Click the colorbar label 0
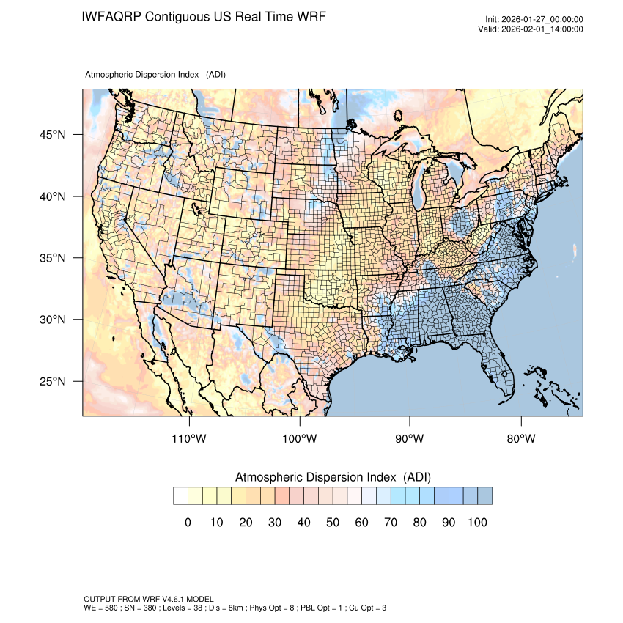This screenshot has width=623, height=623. (x=188, y=522)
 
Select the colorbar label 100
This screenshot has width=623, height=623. (x=477, y=522)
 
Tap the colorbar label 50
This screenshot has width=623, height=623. (x=333, y=522)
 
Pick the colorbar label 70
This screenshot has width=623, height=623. (x=391, y=522)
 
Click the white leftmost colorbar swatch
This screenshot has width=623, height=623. (x=180, y=496)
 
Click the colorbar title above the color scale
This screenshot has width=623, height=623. (x=333, y=477)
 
